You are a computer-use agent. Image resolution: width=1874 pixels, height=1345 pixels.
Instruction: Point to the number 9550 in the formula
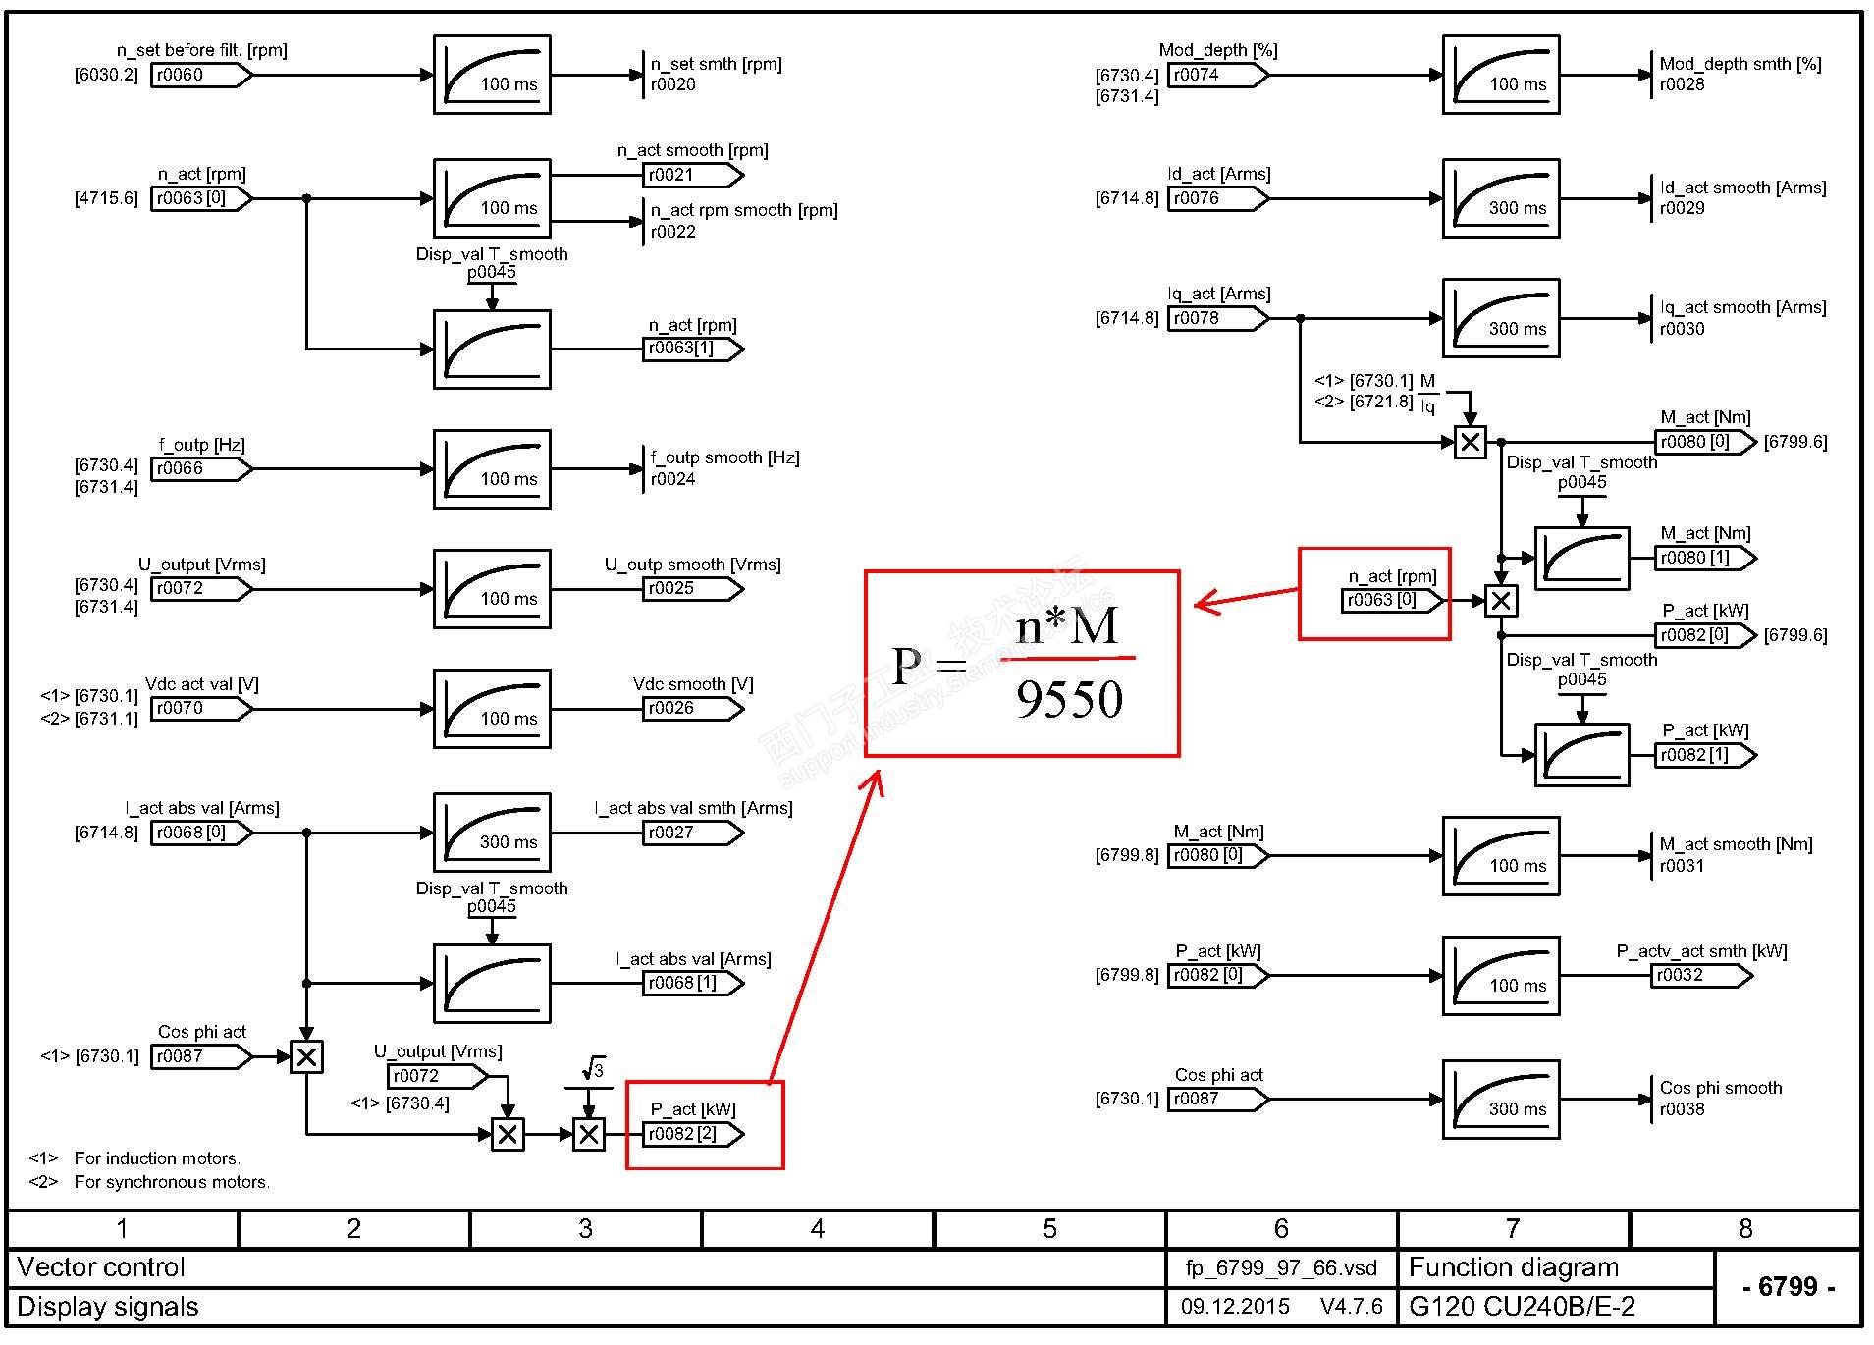pyautogui.click(x=1069, y=700)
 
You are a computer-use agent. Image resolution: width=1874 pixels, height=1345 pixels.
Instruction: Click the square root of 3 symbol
pyautogui.click(x=593, y=1069)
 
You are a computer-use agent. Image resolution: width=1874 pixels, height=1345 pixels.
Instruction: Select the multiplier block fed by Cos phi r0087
pyautogui.click(x=306, y=1057)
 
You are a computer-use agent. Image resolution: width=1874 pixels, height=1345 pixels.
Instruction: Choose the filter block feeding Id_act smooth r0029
pyautogui.click(x=1500, y=198)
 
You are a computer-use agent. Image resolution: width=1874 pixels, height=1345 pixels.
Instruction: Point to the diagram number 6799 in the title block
pyautogui.click(x=1788, y=1287)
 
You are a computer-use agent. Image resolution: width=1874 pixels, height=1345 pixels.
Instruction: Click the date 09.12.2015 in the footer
pyautogui.click(x=1235, y=1307)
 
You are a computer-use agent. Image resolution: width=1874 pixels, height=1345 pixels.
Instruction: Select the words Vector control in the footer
pyautogui.click(x=101, y=1267)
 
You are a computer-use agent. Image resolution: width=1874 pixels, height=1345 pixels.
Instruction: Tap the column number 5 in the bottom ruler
pyautogui.click(x=1049, y=1229)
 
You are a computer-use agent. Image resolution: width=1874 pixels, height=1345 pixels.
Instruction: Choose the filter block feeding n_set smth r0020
pyautogui.click(x=492, y=76)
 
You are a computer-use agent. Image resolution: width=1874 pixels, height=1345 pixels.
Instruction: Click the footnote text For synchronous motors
pyautogui.click(x=172, y=1182)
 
